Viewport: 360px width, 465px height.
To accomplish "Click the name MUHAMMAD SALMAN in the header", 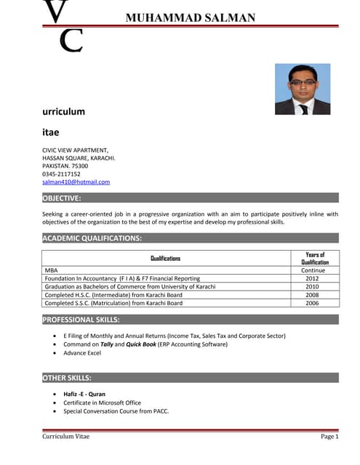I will pyautogui.click(x=191, y=18).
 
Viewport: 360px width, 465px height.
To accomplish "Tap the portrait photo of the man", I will pyautogui.click(x=303, y=89).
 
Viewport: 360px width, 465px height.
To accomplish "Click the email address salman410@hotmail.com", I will pyautogui.click(x=76, y=182).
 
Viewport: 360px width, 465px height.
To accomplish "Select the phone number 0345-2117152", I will pyautogui.click(x=61, y=174).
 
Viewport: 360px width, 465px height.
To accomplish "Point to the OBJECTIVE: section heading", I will pyautogui.click(x=62, y=198).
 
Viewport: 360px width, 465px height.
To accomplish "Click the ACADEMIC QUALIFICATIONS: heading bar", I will pyautogui.click(x=92, y=238).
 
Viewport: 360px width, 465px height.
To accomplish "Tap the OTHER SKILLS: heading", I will pyautogui.click(x=67, y=378).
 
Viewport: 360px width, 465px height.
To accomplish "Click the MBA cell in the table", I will pyautogui.click(x=51, y=270).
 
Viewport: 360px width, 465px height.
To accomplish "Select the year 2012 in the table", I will pyautogui.click(x=312, y=278).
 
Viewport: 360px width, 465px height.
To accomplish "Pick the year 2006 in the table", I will pyautogui.click(x=312, y=303).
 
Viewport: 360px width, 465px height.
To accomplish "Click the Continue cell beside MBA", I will pyautogui.click(x=313, y=270).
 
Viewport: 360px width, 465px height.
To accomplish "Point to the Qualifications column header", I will pyautogui.click(x=165, y=258).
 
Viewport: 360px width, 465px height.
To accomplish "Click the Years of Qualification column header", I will pyautogui.click(x=315, y=258).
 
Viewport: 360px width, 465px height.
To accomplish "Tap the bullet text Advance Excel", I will pyautogui.click(x=82, y=352).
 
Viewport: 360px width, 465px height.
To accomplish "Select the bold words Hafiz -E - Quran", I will pyautogui.click(x=85, y=394).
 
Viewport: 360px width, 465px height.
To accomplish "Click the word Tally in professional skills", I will pyautogui.click(x=107, y=344).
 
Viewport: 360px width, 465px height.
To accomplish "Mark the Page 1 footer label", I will pyautogui.click(x=329, y=436).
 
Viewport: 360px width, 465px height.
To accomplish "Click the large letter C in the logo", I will pyautogui.click(x=71, y=41).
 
